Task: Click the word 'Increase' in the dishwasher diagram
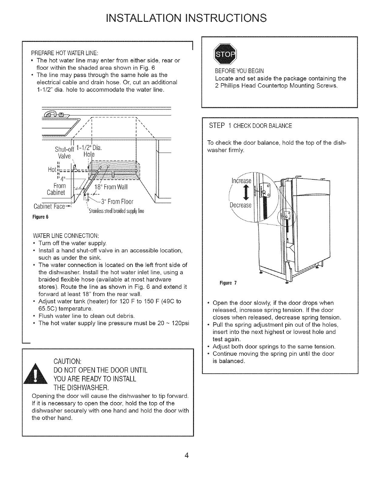click(x=241, y=181)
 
